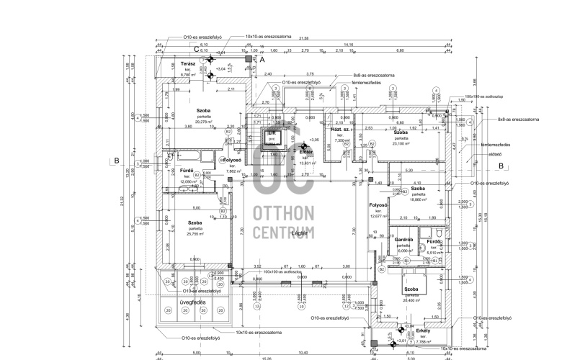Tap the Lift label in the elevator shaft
click(272, 134)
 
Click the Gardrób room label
click(403, 239)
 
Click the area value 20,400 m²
click(412, 300)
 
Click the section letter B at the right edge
click(500, 165)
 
